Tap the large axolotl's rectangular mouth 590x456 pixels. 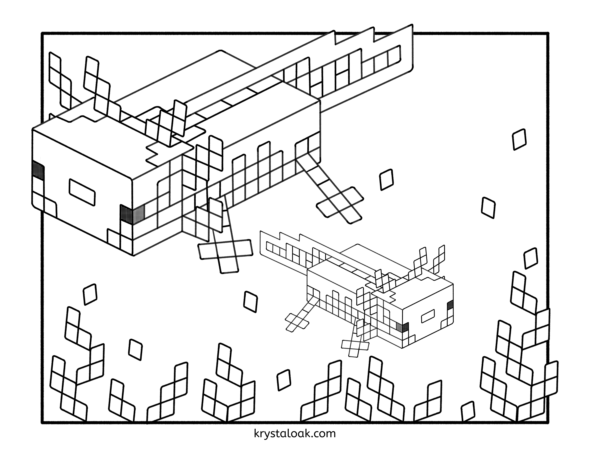(x=82, y=192)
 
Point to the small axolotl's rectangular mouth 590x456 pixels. (x=428, y=316)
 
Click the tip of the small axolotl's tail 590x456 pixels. (x=261, y=232)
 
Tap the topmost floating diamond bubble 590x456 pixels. (x=519, y=139)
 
